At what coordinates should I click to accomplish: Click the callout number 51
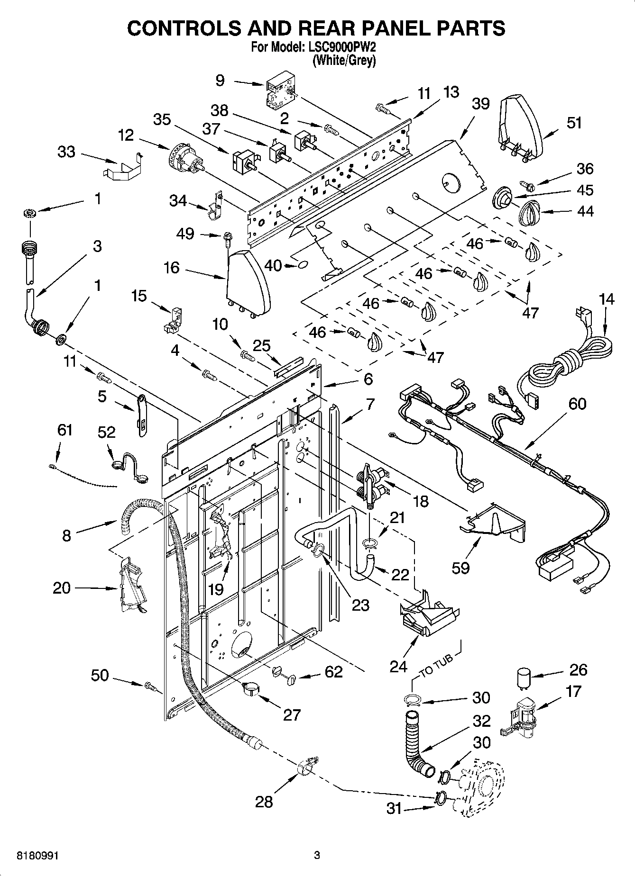[574, 123]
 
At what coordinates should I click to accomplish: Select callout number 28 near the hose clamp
[264, 802]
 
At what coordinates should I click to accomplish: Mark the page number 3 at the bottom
[317, 855]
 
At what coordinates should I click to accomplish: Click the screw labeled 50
[151, 685]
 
